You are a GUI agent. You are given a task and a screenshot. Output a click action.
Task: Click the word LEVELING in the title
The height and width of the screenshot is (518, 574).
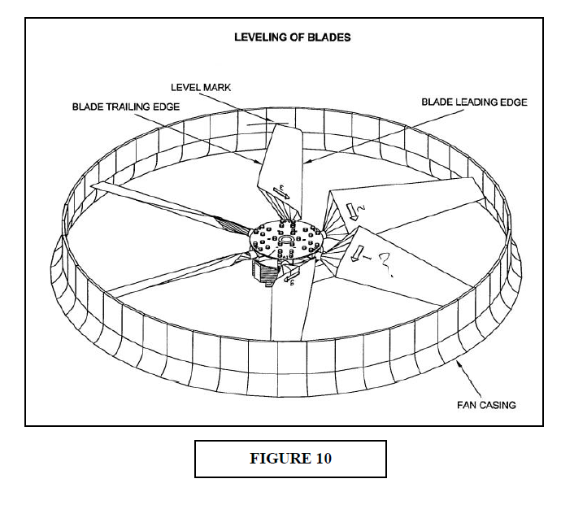(260, 37)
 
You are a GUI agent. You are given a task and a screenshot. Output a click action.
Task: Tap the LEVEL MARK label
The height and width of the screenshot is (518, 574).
(201, 88)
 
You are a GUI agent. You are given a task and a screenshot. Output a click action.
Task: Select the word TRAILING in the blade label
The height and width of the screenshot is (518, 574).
(127, 107)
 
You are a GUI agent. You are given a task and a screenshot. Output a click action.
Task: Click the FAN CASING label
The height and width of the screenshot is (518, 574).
(486, 405)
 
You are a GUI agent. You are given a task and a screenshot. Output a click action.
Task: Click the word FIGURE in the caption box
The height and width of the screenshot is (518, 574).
(279, 459)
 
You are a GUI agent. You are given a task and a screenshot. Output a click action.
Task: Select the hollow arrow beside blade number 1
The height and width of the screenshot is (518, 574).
(357, 254)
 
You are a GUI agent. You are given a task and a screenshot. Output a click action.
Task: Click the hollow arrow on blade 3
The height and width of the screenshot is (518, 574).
(281, 193)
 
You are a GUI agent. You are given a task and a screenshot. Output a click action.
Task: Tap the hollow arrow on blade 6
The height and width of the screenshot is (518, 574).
(292, 274)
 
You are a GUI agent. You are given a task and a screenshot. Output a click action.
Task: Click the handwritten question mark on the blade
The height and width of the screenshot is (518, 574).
(386, 264)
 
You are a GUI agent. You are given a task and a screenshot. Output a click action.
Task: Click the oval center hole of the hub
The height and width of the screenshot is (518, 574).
(285, 239)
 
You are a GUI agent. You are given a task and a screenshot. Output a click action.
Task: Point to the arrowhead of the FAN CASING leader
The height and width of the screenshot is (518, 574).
(458, 362)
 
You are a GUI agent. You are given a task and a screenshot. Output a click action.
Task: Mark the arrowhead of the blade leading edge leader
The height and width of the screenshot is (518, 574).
(306, 162)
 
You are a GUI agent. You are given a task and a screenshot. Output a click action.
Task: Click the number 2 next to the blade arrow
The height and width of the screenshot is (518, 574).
(361, 208)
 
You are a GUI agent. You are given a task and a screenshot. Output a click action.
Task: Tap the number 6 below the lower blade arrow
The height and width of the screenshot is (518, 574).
(292, 283)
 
